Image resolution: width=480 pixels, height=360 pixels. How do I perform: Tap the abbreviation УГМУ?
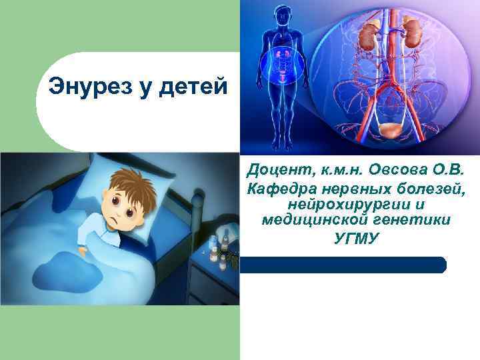click(x=356, y=237)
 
